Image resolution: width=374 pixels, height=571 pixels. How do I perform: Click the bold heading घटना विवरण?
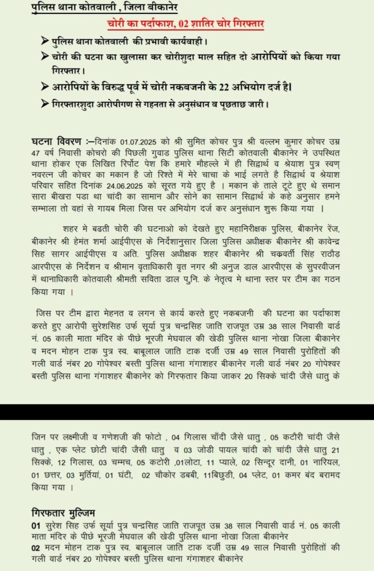(x=57, y=141)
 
